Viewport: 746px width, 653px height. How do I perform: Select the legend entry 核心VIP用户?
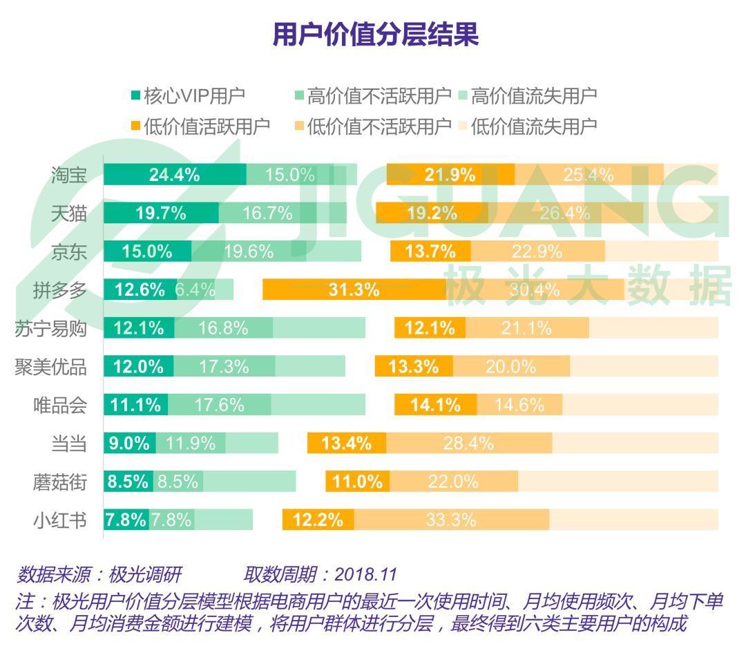point(188,95)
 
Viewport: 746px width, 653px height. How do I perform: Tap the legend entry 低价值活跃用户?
point(200,126)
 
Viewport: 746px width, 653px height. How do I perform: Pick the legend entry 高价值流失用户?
point(526,95)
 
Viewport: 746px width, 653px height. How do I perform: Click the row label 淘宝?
point(69,175)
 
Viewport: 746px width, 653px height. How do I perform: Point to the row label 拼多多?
point(60,290)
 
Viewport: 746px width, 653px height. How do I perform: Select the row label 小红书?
point(60,520)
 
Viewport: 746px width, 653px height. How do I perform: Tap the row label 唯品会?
point(60,405)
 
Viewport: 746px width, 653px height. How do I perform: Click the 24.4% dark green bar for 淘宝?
point(175,175)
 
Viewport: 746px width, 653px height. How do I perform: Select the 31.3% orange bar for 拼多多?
point(354,290)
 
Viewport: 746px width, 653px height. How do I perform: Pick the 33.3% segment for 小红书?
point(451,520)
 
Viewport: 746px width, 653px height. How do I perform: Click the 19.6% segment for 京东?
point(248,252)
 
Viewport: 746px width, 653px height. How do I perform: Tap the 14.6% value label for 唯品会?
point(519,405)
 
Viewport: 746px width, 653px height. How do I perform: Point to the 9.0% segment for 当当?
point(129,443)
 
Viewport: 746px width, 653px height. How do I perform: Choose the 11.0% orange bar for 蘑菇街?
point(358,482)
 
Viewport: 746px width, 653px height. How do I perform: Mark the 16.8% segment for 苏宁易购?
point(223,328)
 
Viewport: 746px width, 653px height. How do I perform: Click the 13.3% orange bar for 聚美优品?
point(414,366)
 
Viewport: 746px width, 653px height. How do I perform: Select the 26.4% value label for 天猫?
point(565,213)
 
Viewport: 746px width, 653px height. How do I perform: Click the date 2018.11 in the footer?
point(366,574)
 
